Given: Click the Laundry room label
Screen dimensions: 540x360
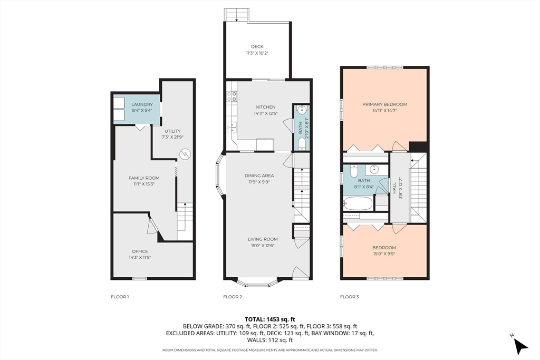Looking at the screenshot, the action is (x=142, y=104).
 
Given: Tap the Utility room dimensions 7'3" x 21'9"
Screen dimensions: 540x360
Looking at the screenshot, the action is (x=172, y=137).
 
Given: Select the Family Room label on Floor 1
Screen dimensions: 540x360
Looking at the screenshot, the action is (x=144, y=178).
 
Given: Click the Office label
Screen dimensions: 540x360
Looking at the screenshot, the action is (x=140, y=251).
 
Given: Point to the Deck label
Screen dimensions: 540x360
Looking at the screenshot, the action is (x=257, y=46).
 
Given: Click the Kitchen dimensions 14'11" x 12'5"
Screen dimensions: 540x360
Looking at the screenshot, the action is (x=266, y=113).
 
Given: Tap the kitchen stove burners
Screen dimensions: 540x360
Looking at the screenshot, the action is (x=232, y=96).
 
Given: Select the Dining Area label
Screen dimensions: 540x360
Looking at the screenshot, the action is (x=259, y=176).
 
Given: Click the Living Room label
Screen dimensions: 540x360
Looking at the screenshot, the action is (x=263, y=239).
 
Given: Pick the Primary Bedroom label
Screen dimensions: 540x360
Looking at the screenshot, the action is (x=384, y=104).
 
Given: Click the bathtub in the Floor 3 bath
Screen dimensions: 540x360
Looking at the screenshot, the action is (x=358, y=203).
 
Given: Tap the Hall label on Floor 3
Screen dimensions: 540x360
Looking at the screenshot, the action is (x=394, y=188).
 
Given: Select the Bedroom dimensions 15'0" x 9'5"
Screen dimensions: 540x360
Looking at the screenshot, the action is (x=384, y=254).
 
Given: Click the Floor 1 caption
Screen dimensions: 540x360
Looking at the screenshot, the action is (x=120, y=297).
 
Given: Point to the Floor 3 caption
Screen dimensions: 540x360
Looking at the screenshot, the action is (x=350, y=297).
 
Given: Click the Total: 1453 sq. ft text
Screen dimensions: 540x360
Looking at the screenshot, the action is (x=270, y=319).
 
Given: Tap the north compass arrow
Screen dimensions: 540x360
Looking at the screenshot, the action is (x=520, y=346).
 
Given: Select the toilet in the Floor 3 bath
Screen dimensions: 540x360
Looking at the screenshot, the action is (x=354, y=171).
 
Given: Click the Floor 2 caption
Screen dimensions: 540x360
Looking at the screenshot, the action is (x=233, y=297).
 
